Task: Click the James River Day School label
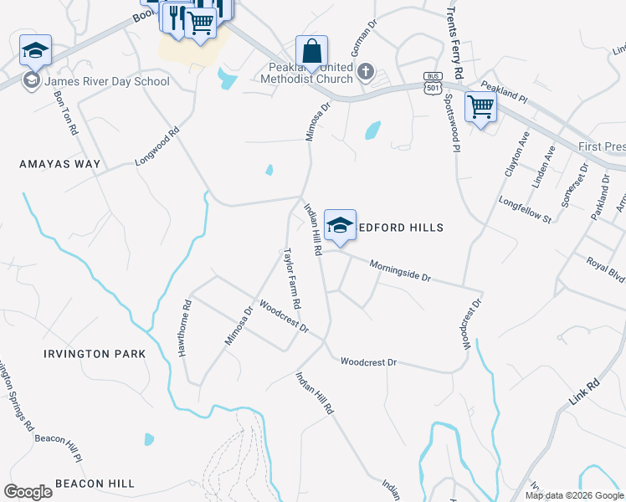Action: click(x=106, y=81)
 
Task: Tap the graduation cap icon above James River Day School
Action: click(x=35, y=50)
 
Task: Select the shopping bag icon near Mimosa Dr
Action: click(x=311, y=51)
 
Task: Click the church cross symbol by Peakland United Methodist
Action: click(x=365, y=72)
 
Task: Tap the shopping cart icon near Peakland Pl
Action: click(x=480, y=106)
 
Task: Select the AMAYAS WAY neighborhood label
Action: click(x=60, y=165)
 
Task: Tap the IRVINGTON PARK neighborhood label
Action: click(x=95, y=354)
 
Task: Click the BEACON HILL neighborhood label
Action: click(x=95, y=484)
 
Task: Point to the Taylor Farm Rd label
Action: click(x=291, y=279)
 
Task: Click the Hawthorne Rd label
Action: click(x=185, y=329)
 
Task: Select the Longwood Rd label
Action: click(x=158, y=146)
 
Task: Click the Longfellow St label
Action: click(x=525, y=210)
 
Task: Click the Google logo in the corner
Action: click(x=28, y=491)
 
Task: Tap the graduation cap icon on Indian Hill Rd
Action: click(x=340, y=224)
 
